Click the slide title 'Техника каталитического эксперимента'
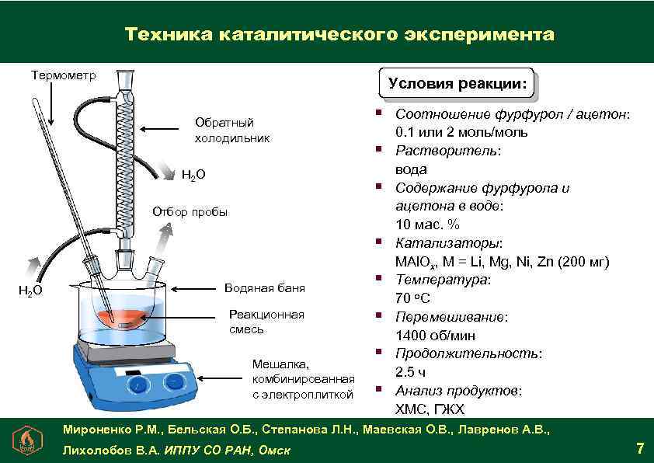pos(339,36)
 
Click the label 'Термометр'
pos(64,75)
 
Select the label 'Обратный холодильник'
pos(231,131)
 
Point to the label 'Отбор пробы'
pos(190,212)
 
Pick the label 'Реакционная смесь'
pos(266,322)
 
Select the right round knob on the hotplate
pos(173,381)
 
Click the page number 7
pos(639,448)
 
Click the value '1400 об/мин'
pos(435,336)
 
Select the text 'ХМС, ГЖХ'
pos(430,409)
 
